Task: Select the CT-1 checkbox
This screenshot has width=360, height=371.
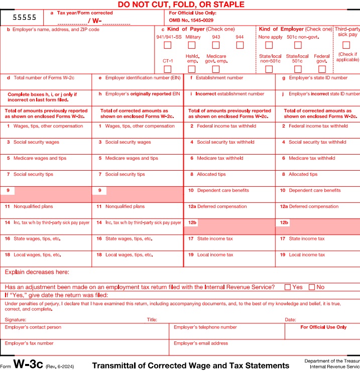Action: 168,69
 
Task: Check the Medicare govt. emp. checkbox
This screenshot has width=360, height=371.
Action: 216,69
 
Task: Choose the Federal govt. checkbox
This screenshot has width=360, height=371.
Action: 322,69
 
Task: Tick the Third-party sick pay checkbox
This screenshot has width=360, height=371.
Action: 346,45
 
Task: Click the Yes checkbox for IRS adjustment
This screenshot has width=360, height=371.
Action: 288,287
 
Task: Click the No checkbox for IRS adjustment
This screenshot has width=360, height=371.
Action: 312,287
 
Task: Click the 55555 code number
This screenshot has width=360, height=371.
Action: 21,17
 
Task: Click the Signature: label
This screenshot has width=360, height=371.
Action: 16,319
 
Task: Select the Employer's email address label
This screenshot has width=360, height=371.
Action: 200,343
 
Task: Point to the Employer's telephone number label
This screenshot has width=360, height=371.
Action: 205,327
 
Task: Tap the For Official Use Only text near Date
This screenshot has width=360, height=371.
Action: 323,327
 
